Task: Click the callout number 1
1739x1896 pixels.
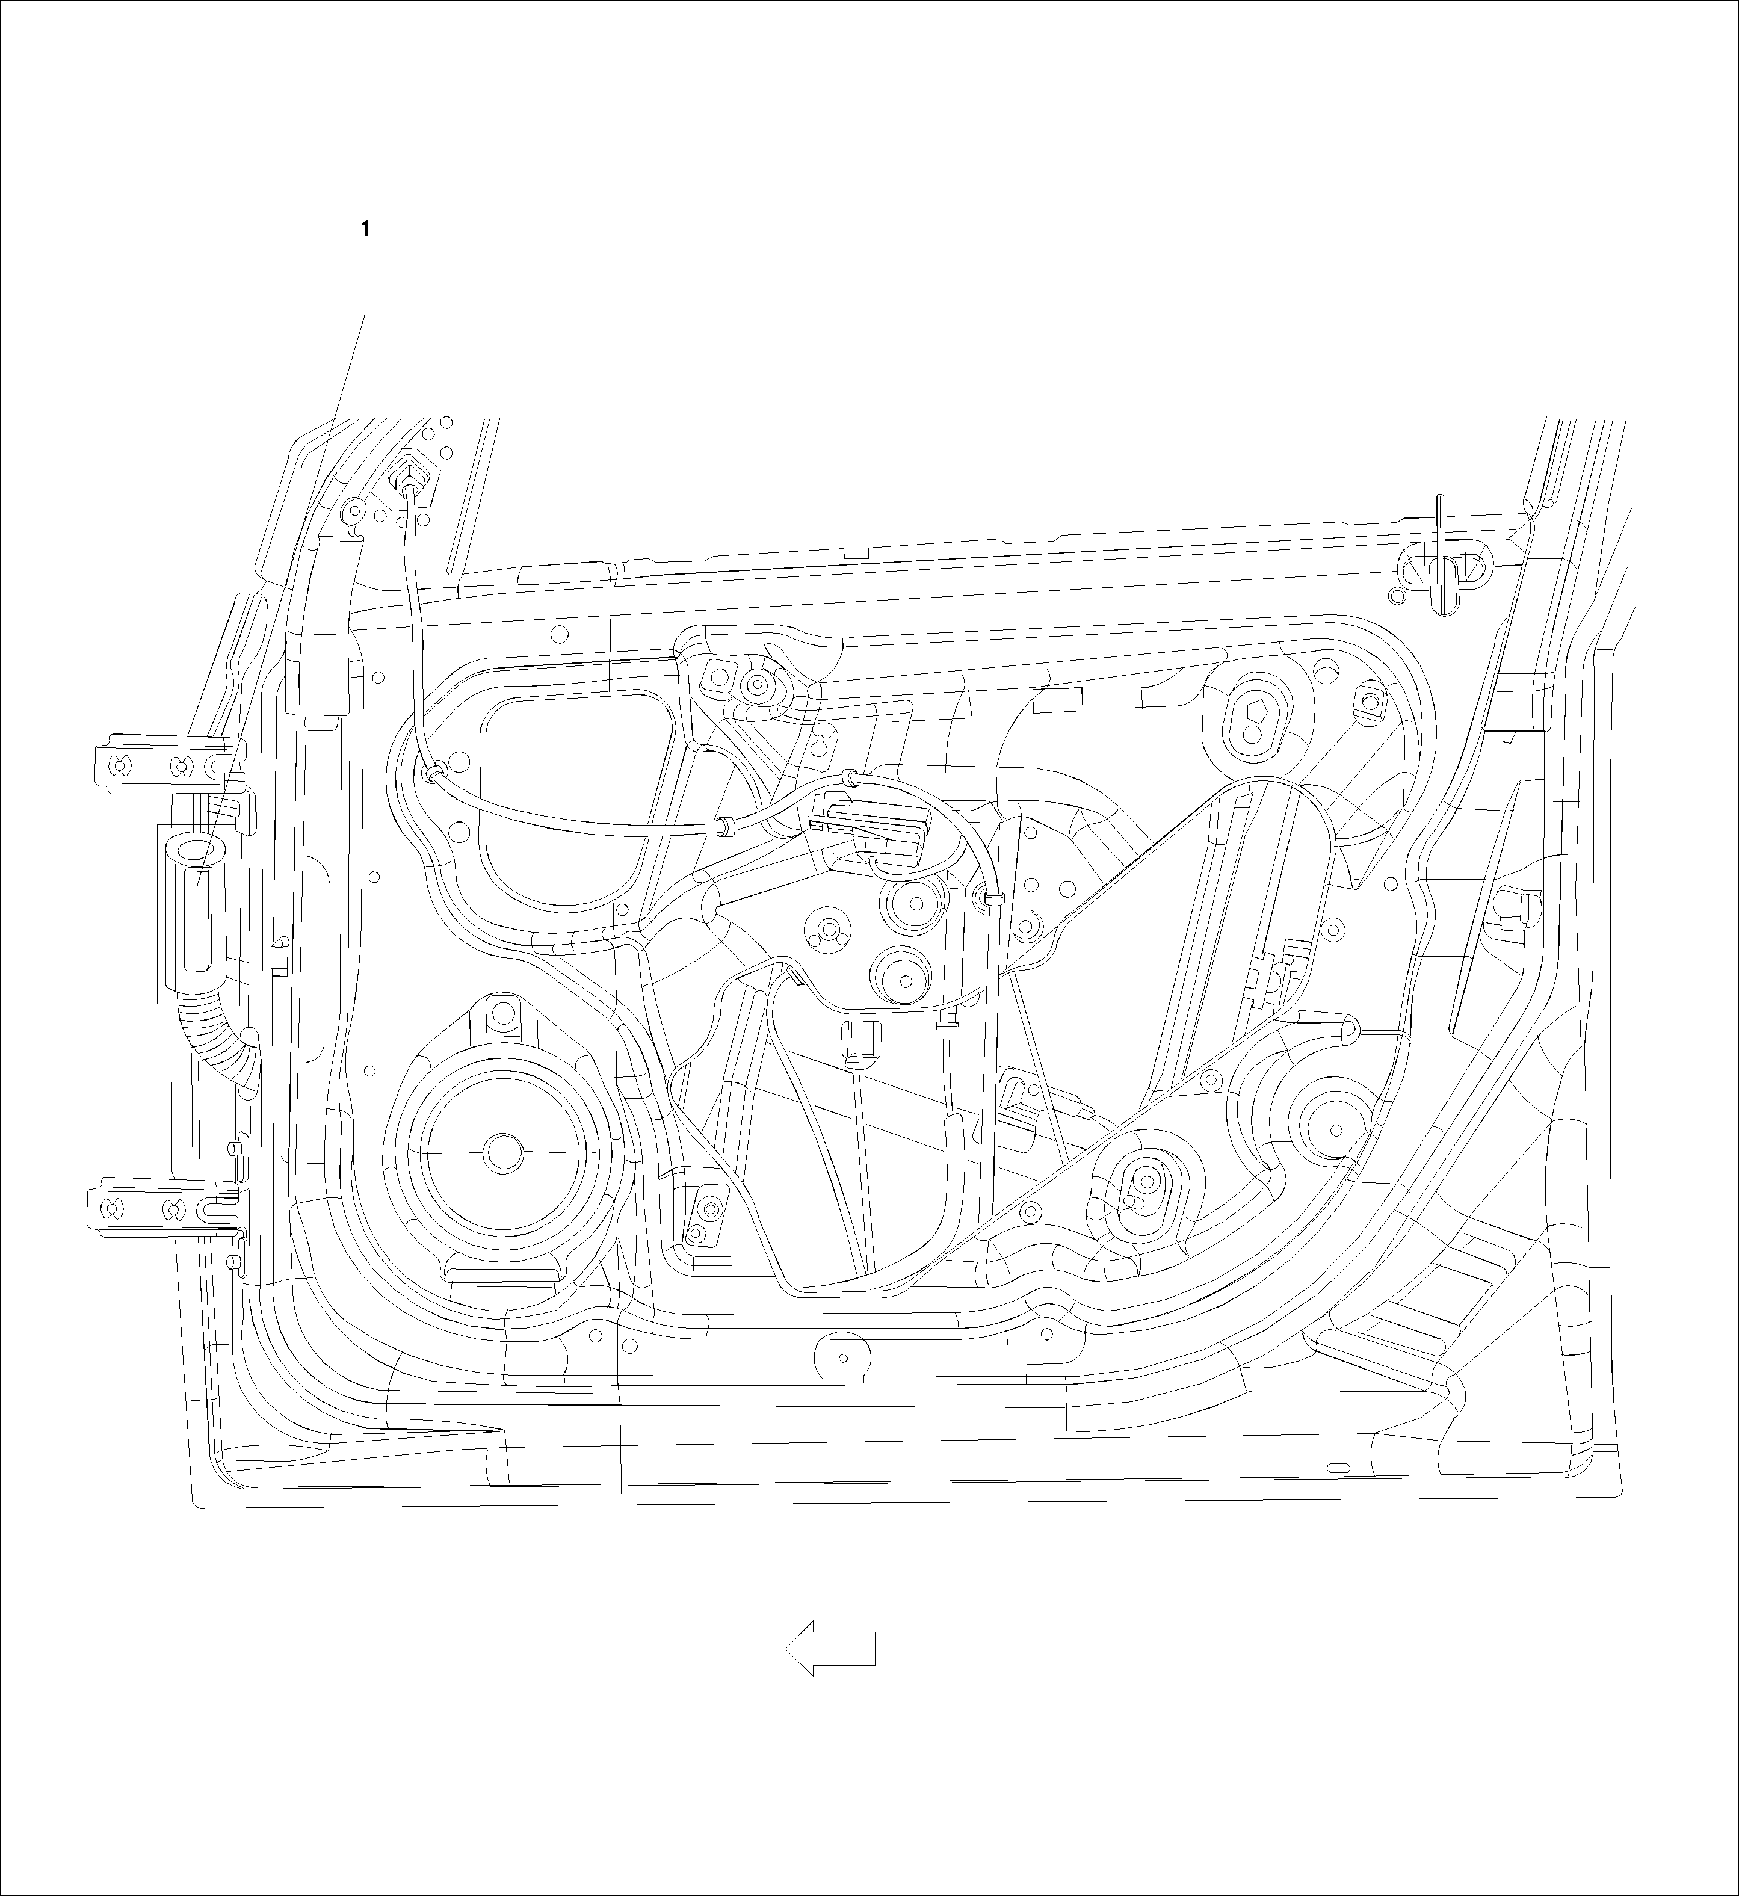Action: coord(365,229)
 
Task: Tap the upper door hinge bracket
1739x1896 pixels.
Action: coord(169,764)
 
